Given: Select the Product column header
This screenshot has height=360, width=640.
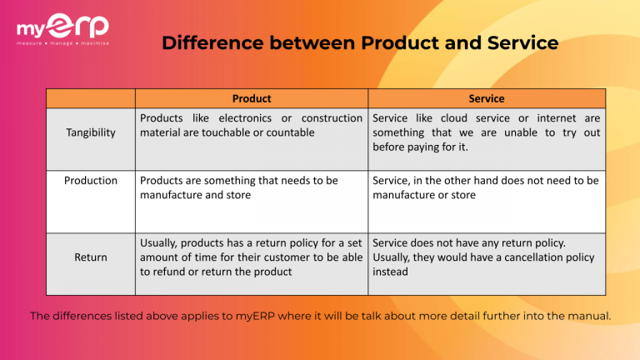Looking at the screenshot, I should (x=251, y=98).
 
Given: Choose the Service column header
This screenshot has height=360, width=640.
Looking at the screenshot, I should (x=486, y=98).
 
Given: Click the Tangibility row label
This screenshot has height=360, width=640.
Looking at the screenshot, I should (x=91, y=132).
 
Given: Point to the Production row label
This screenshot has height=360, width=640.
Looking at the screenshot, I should (x=91, y=180).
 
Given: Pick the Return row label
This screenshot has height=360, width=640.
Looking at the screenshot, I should (x=91, y=257).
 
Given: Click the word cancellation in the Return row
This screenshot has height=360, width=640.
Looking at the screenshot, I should (x=539, y=257).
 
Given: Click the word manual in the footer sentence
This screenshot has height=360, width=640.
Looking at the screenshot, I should (x=592, y=316).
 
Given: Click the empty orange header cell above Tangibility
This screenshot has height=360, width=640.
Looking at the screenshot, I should (x=91, y=98).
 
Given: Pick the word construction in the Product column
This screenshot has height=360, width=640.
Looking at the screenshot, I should (x=332, y=118).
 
